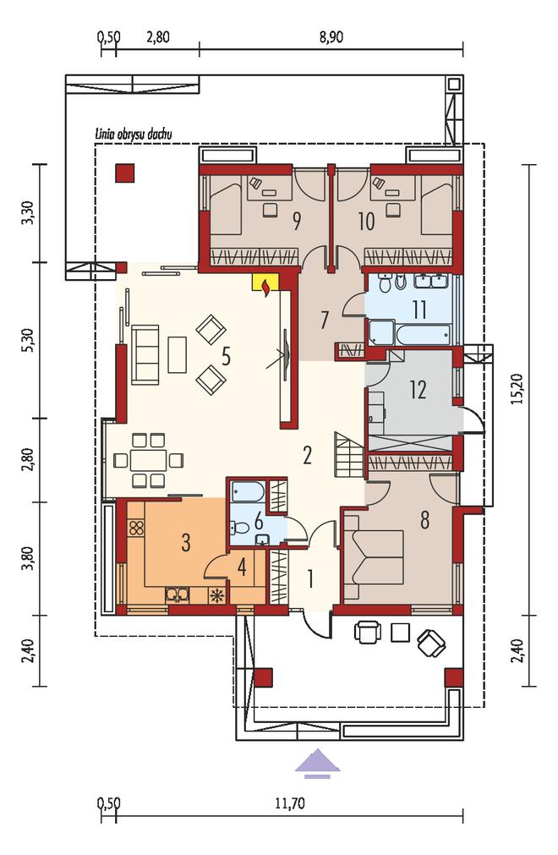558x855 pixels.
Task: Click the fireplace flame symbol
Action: (266, 288)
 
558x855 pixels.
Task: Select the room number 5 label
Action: (226, 356)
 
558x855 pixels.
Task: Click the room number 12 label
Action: (418, 390)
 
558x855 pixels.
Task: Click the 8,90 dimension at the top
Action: (331, 37)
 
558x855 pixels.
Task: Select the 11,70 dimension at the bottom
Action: (289, 803)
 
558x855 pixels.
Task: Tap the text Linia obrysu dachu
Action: (134, 134)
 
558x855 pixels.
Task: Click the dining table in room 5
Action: (148, 460)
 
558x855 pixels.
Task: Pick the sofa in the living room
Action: (145, 355)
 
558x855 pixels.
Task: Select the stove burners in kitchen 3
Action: (136, 527)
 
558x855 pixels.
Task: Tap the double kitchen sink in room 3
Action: (177, 595)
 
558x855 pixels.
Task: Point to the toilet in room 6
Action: (239, 527)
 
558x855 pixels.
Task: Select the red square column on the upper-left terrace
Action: (124, 173)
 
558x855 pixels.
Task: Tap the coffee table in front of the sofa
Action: (177, 354)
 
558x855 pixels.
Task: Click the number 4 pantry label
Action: (242, 567)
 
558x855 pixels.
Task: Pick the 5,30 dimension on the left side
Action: (30, 340)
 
